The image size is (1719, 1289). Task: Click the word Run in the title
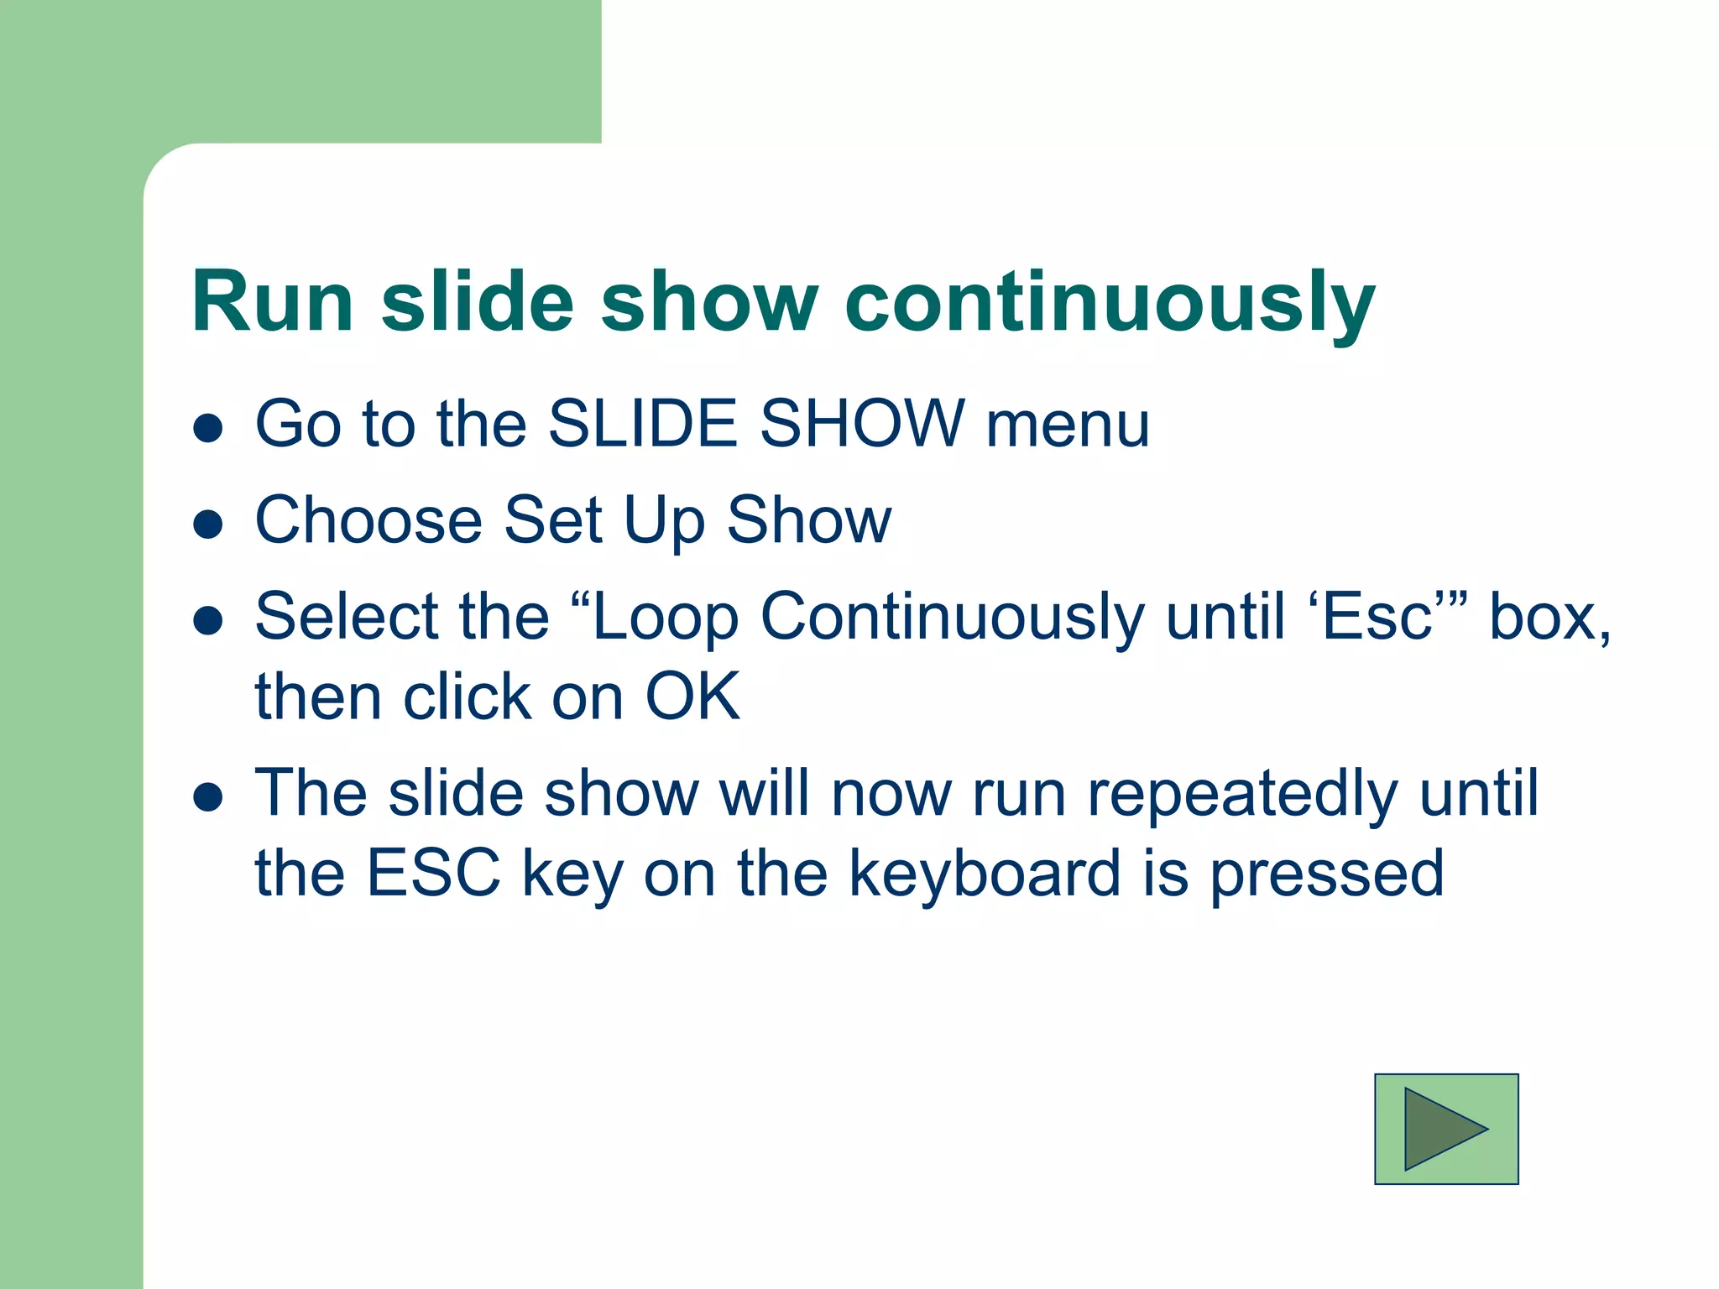(x=272, y=302)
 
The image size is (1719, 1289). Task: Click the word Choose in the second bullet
(x=368, y=520)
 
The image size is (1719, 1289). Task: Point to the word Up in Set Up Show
(x=663, y=522)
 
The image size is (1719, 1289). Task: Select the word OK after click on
(x=692, y=697)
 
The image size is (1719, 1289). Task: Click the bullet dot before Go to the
(x=207, y=428)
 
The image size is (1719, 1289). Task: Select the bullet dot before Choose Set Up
(x=207, y=524)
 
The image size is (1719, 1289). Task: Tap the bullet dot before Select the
(x=207, y=621)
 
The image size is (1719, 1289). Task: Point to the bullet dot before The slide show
(x=207, y=797)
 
